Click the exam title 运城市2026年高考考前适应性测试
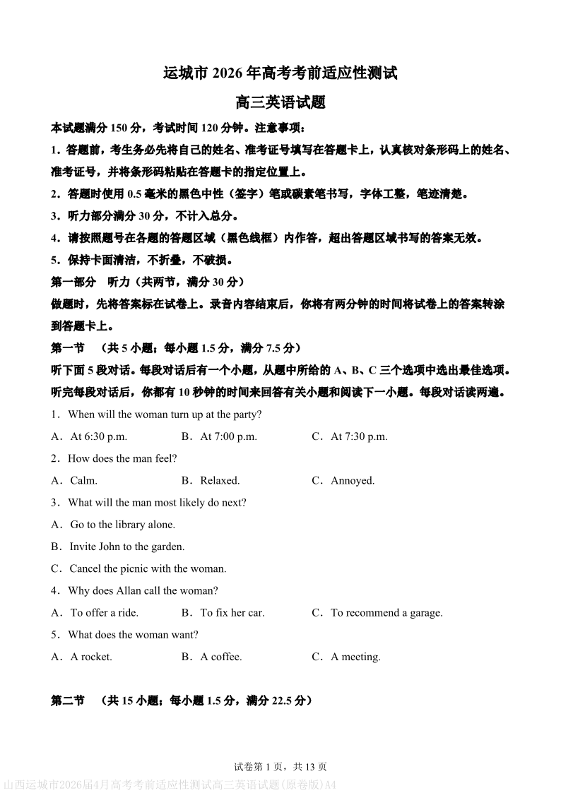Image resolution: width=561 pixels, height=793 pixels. click(280, 72)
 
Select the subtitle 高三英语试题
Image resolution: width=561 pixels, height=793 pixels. click(280, 102)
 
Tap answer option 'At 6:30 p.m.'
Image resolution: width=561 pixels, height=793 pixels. click(98, 436)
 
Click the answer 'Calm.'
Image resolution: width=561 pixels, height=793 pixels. click(83, 480)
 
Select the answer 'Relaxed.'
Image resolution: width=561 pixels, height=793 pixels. click(220, 480)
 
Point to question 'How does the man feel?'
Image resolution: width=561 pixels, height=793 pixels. click(122, 458)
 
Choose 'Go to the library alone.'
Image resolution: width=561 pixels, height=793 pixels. click(122, 525)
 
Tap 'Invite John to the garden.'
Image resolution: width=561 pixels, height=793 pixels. click(126, 547)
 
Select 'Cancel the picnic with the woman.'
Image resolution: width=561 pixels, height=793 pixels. click(148, 568)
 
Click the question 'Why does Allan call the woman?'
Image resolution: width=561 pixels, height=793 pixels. click(143, 590)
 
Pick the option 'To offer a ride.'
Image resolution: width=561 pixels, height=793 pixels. click(104, 613)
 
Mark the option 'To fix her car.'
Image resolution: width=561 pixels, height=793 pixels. click(232, 613)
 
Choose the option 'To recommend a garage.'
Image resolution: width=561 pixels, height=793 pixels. click(386, 613)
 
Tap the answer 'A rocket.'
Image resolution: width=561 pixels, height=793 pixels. click(90, 657)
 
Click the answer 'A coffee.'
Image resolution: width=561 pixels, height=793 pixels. click(220, 657)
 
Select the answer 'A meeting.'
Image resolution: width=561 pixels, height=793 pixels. click(355, 657)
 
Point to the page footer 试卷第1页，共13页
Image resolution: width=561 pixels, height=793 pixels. click(280, 766)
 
